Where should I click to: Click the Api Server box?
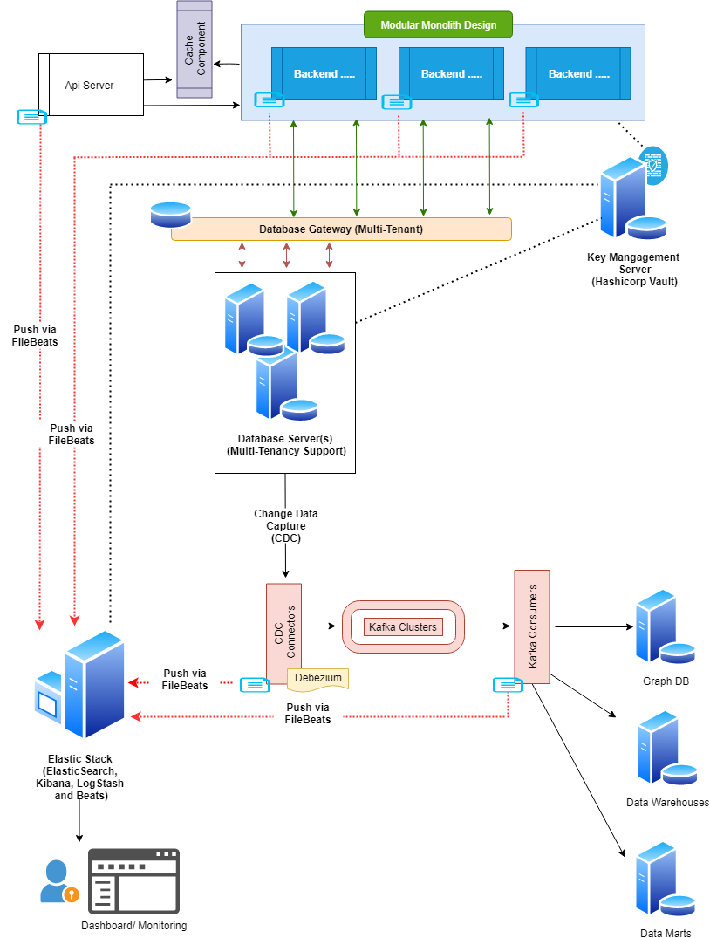(x=90, y=85)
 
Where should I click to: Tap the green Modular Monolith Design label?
(x=438, y=24)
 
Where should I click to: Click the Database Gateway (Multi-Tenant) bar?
(x=341, y=229)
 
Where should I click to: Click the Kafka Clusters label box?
(x=402, y=626)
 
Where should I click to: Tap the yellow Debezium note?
(x=318, y=678)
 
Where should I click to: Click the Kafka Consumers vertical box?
(x=532, y=626)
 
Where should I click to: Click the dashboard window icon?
(x=133, y=880)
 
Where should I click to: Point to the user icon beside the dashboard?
(x=58, y=881)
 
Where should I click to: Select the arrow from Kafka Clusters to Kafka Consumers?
(x=488, y=626)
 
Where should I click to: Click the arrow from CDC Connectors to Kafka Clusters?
(x=320, y=626)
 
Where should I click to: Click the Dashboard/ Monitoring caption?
(x=133, y=926)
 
